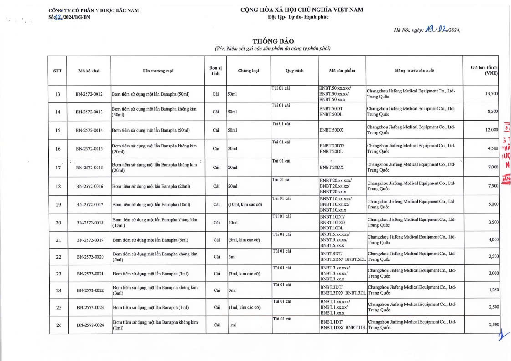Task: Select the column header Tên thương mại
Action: (x=158, y=71)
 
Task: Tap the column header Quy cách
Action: (x=294, y=71)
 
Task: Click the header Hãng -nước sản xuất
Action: (x=414, y=71)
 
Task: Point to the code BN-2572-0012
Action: (x=89, y=94)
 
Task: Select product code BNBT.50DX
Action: (x=332, y=130)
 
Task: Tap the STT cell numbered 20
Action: (x=58, y=223)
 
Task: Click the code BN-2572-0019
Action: (x=90, y=240)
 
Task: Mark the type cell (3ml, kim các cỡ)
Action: (x=244, y=274)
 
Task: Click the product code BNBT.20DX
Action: (x=332, y=167)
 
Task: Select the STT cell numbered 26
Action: (x=58, y=325)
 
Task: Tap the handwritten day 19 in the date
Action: (x=429, y=30)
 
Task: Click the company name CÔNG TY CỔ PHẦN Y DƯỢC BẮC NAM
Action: (x=93, y=10)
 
